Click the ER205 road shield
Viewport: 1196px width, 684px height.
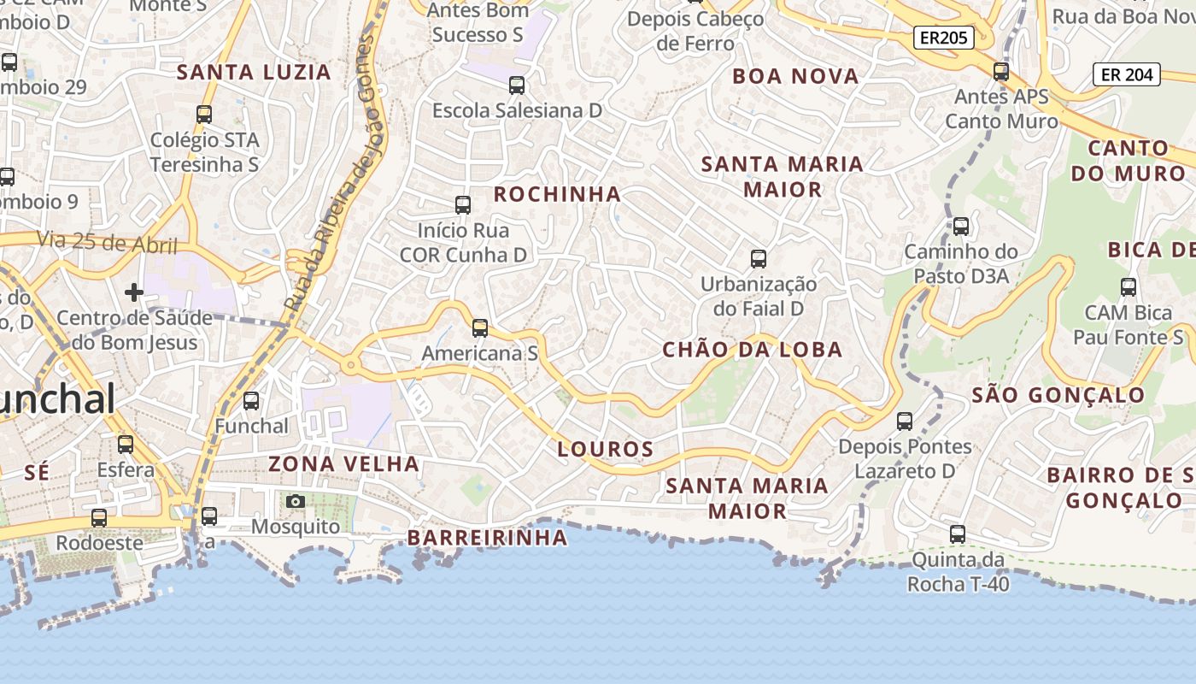944,38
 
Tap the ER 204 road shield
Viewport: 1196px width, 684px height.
1127,74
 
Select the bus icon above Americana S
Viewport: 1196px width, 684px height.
480,327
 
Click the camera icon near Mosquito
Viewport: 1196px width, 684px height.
296,501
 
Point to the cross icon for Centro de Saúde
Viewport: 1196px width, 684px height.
134,292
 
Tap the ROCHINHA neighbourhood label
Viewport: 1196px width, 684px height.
557,194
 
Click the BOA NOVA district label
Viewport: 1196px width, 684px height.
795,76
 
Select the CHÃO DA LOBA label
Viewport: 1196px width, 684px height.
753,349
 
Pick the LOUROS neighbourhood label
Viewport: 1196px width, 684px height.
606,449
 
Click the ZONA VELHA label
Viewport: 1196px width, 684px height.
343,464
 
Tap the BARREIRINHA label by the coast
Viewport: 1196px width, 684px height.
487,538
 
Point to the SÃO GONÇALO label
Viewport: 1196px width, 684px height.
1058,395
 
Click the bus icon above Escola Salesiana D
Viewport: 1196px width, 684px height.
517,85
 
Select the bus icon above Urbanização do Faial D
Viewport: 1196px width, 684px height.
758,258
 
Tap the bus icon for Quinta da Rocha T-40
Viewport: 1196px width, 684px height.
958,534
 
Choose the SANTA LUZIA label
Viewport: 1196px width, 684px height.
254,72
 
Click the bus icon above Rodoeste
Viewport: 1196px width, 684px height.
99,518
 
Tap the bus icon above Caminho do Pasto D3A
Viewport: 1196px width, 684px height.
961,227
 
